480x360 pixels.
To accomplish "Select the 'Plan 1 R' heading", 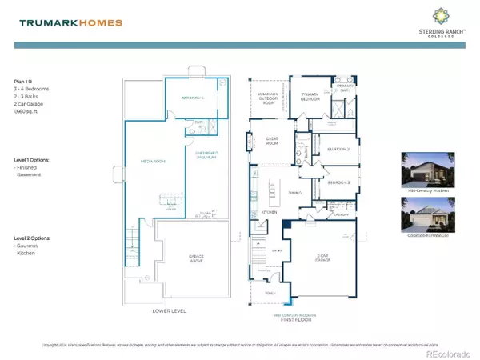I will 24,81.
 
